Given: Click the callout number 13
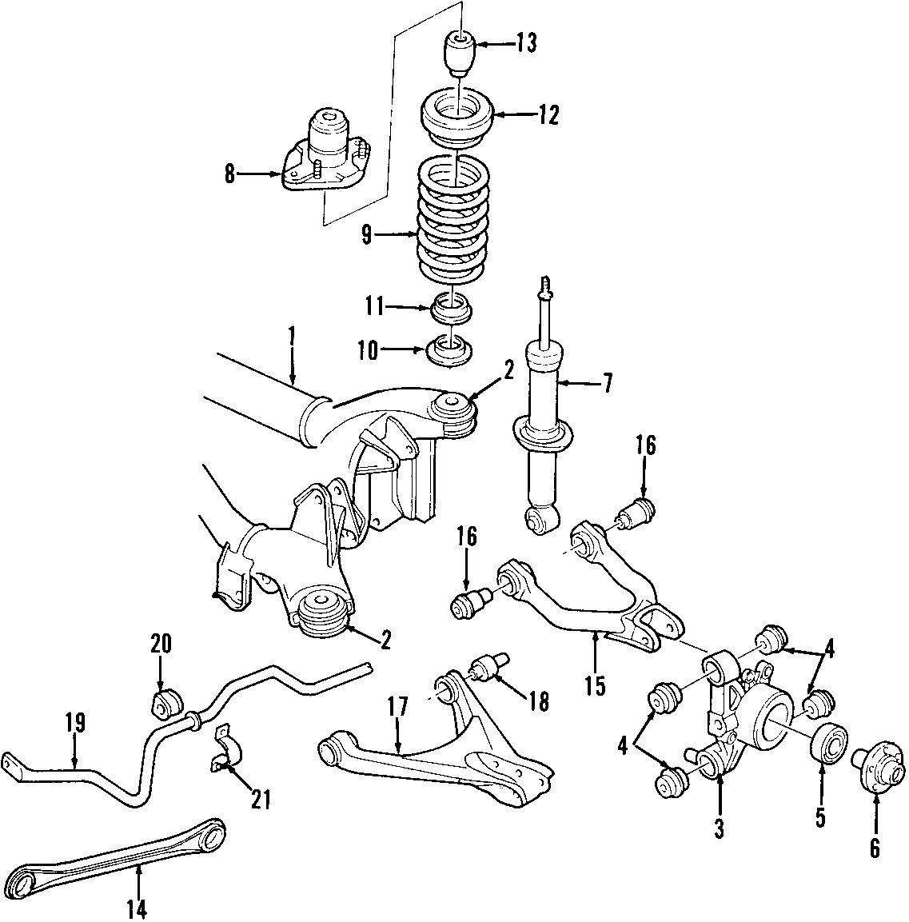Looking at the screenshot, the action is point(527,43).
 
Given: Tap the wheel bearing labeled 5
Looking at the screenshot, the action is point(829,742).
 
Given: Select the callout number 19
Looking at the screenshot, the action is point(76,723).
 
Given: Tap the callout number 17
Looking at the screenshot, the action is point(397,708).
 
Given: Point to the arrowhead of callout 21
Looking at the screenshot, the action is point(228,764).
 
